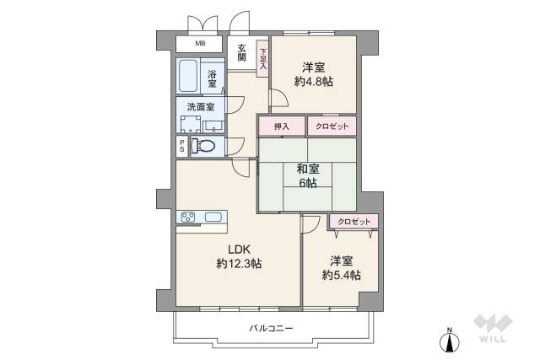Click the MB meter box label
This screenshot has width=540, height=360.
200,44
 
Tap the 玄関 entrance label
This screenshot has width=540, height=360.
241,51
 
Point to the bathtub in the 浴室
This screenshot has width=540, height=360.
189,78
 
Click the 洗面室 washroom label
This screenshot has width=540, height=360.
200,107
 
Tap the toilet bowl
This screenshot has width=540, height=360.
204,147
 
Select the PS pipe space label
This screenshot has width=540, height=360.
182,147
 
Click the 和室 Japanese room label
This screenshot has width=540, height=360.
306,167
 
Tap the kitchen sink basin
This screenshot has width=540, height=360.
213,218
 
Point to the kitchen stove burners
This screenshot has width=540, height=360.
187,218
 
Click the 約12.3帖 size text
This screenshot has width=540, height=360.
239,264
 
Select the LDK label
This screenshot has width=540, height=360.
239,249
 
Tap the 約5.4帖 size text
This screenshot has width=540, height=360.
341,276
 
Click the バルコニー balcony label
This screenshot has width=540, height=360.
271,327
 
